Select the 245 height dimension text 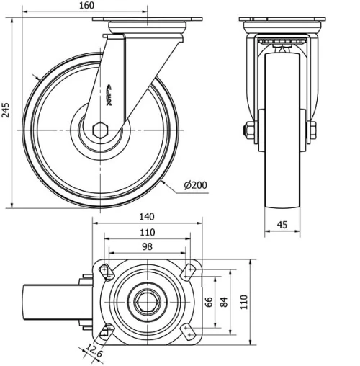(x=6, y=110)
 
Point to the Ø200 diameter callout (x=196, y=185)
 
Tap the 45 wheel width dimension (x=282, y=224)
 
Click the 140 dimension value (x=147, y=216)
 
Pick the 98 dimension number (x=147, y=247)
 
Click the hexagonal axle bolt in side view (x=100, y=130)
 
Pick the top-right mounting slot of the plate (x=189, y=271)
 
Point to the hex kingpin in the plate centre (x=147, y=300)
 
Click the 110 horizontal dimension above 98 (x=147, y=232)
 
